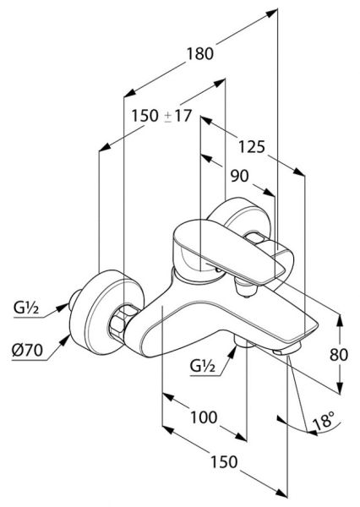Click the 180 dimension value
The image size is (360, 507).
pos(200,54)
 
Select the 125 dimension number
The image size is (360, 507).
pos(252,147)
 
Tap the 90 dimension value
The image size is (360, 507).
pos(240,176)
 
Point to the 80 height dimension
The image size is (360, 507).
pos(339,355)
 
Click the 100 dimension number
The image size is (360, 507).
pos(204,417)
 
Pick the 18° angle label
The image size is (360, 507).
pos(323,422)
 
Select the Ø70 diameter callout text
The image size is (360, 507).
pos(28,350)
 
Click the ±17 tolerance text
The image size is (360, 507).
pos(178,116)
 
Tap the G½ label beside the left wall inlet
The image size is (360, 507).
pos(26,308)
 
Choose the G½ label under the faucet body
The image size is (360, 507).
pos(203,366)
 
